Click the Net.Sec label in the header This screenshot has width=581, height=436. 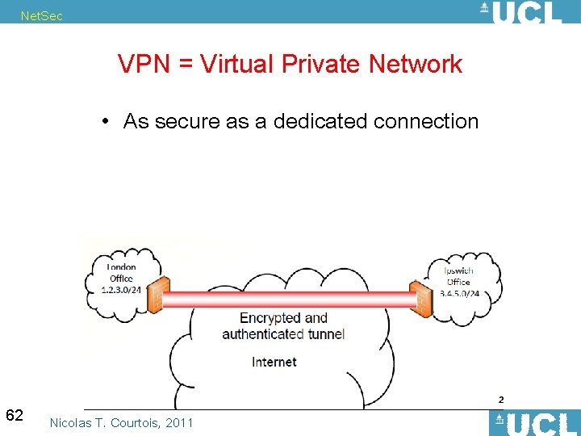(x=41, y=16)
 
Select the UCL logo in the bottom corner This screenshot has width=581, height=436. (x=535, y=423)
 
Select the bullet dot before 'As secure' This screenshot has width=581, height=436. (x=106, y=122)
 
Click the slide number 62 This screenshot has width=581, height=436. (x=15, y=416)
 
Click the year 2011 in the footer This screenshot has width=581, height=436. (x=179, y=422)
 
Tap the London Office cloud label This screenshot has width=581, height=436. (x=122, y=273)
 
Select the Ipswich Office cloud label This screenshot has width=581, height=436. (x=458, y=276)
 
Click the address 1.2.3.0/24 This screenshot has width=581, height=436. (x=122, y=289)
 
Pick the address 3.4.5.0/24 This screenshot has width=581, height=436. (x=459, y=292)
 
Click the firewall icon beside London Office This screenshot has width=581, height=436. (x=156, y=295)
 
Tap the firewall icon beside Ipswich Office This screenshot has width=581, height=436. (x=420, y=299)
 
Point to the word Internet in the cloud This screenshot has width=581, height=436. (x=274, y=362)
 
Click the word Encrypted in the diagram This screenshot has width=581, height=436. (x=270, y=318)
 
